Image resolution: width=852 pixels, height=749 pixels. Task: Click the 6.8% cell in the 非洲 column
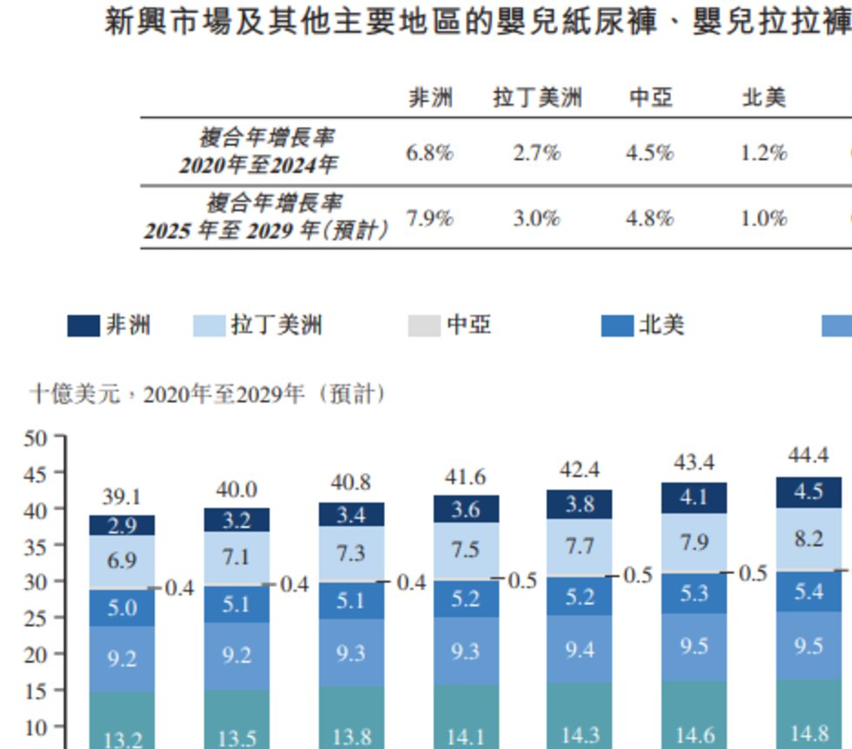(x=429, y=153)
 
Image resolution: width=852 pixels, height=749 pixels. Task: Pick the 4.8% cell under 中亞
(x=649, y=218)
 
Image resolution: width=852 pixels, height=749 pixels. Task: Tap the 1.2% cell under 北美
(x=763, y=153)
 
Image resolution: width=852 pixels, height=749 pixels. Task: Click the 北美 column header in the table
(x=763, y=97)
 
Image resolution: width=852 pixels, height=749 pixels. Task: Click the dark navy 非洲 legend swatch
(x=83, y=326)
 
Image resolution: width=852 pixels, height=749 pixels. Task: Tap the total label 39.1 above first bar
(x=122, y=497)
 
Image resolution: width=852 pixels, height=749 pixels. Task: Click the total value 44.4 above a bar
(x=808, y=455)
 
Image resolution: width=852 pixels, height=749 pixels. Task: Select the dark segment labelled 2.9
(x=122, y=526)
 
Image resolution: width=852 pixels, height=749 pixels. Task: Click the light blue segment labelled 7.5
(x=465, y=550)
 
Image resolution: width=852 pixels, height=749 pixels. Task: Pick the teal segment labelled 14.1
(x=465, y=737)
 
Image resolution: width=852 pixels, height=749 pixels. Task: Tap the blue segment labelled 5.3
(x=693, y=593)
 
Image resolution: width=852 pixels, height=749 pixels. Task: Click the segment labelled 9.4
(x=579, y=648)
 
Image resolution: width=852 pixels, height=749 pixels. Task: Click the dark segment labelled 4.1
(x=693, y=498)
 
